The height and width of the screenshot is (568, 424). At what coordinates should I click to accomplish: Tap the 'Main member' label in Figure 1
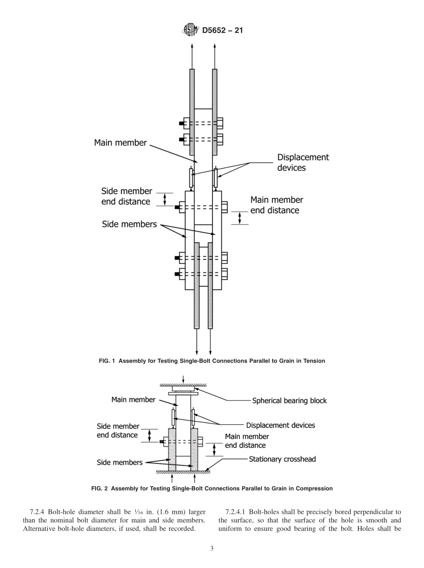tap(120, 143)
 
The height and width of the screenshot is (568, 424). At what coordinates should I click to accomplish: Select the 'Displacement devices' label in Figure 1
tap(303, 163)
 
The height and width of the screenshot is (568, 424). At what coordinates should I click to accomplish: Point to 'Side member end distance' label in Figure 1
tap(126, 196)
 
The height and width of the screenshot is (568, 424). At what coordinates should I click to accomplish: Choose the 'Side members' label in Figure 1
tap(129, 224)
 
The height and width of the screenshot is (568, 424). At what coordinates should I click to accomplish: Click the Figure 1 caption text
tap(212, 361)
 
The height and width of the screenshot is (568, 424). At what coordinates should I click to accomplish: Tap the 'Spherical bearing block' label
tap(289, 401)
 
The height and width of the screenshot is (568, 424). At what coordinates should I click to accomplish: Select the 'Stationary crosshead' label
tap(282, 459)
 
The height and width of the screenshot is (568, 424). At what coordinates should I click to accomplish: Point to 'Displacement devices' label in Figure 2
tap(280, 425)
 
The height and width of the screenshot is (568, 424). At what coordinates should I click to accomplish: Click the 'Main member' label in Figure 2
tap(133, 400)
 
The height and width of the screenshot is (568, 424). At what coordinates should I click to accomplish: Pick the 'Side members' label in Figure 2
tap(120, 463)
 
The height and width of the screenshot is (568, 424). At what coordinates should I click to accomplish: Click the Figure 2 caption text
tap(212, 489)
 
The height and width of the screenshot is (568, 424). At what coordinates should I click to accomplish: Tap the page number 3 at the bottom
tap(212, 549)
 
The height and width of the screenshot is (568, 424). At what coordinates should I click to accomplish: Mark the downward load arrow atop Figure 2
tap(183, 380)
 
